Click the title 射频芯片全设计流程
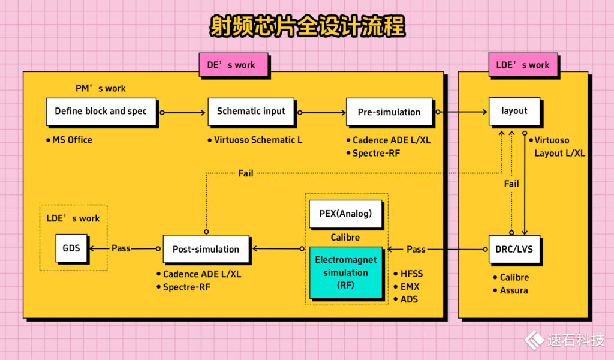tap(307, 27)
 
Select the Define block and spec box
tap(101, 112)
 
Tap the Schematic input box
tap(251, 112)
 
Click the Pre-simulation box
tap(389, 112)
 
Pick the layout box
tap(514, 111)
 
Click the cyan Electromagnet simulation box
tap(346, 273)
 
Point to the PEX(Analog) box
tap(346, 214)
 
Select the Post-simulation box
tap(206, 249)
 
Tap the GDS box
tap(71, 248)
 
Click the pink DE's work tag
tap(233, 65)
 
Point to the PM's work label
tap(101, 89)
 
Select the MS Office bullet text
tap(72, 140)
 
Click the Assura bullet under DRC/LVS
tap(514, 290)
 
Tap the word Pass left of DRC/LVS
tap(416, 249)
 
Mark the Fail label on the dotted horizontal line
tap(246, 173)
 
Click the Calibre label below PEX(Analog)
tap(345, 238)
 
